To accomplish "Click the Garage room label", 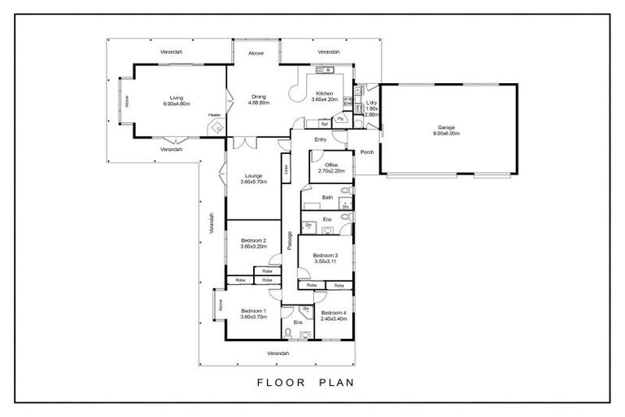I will [447, 127].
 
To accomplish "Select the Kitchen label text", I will [325, 94].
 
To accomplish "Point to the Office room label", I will [331, 165].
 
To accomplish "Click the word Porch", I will [367, 151].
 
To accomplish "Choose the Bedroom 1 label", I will [253, 310].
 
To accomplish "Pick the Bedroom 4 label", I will [333, 314].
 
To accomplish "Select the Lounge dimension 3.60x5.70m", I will [253, 182].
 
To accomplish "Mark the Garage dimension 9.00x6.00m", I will [447, 134].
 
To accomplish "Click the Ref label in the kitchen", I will [323, 124].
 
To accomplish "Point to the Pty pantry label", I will [340, 119].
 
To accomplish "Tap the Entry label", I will [320, 138].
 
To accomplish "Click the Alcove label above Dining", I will [256, 54].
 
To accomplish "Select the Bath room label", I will [327, 197].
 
